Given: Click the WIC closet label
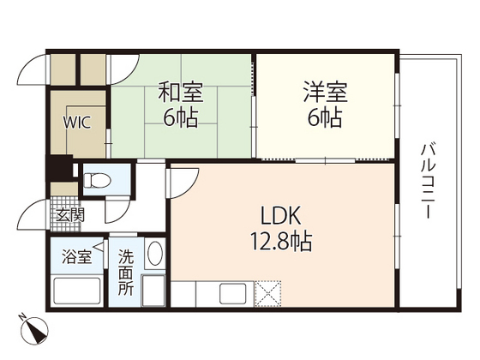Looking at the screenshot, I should pos(76,121).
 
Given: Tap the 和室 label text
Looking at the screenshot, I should pos(180,92).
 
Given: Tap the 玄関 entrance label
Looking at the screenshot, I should pos(69,215).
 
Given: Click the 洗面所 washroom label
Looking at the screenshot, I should pos(126,271).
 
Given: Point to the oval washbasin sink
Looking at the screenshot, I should pos(154,254).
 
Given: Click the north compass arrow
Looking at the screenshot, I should pos(34,330).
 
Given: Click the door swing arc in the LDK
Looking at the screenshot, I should pos(182,182).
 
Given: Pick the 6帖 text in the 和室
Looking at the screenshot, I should pos(180,117).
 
